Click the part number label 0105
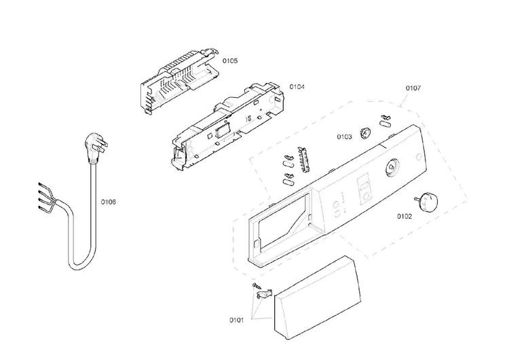tap(230, 60)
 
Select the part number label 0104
tap(297, 87)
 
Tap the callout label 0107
tap(413, 88)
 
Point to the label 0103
tap(344, 137)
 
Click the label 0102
tap(404, 217)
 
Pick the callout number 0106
tap(108, 202)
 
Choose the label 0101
tap(236, 321)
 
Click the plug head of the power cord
tap(96, 147)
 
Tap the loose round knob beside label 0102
tap(426, 202)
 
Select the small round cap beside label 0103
tap(365, 133)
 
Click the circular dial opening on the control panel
tap(390, 167)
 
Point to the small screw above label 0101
tap(257, 286)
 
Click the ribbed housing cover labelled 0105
tap(179, 82)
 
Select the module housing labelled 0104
tap(228, 126)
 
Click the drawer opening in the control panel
tap(282, 223)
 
